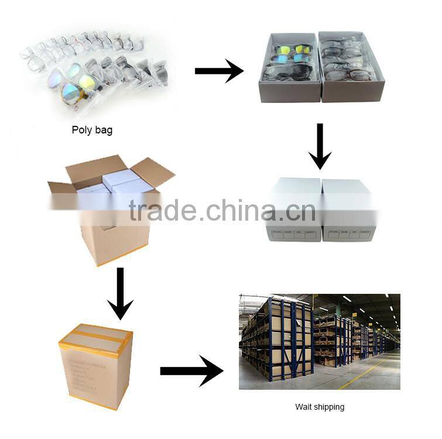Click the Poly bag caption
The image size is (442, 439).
pyautogui.click(x=92, y=130)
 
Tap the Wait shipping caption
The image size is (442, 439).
pyautogui.click(x=319, y=406)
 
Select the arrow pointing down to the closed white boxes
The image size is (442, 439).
pyautogui.click(x=320, y=146)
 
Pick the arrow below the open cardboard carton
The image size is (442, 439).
pyautogui.click(x=121, y=293)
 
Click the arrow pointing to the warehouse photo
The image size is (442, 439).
pyautogui.click(x=191, y=371)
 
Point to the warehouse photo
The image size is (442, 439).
pyautogui.click(x=319, y=341)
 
